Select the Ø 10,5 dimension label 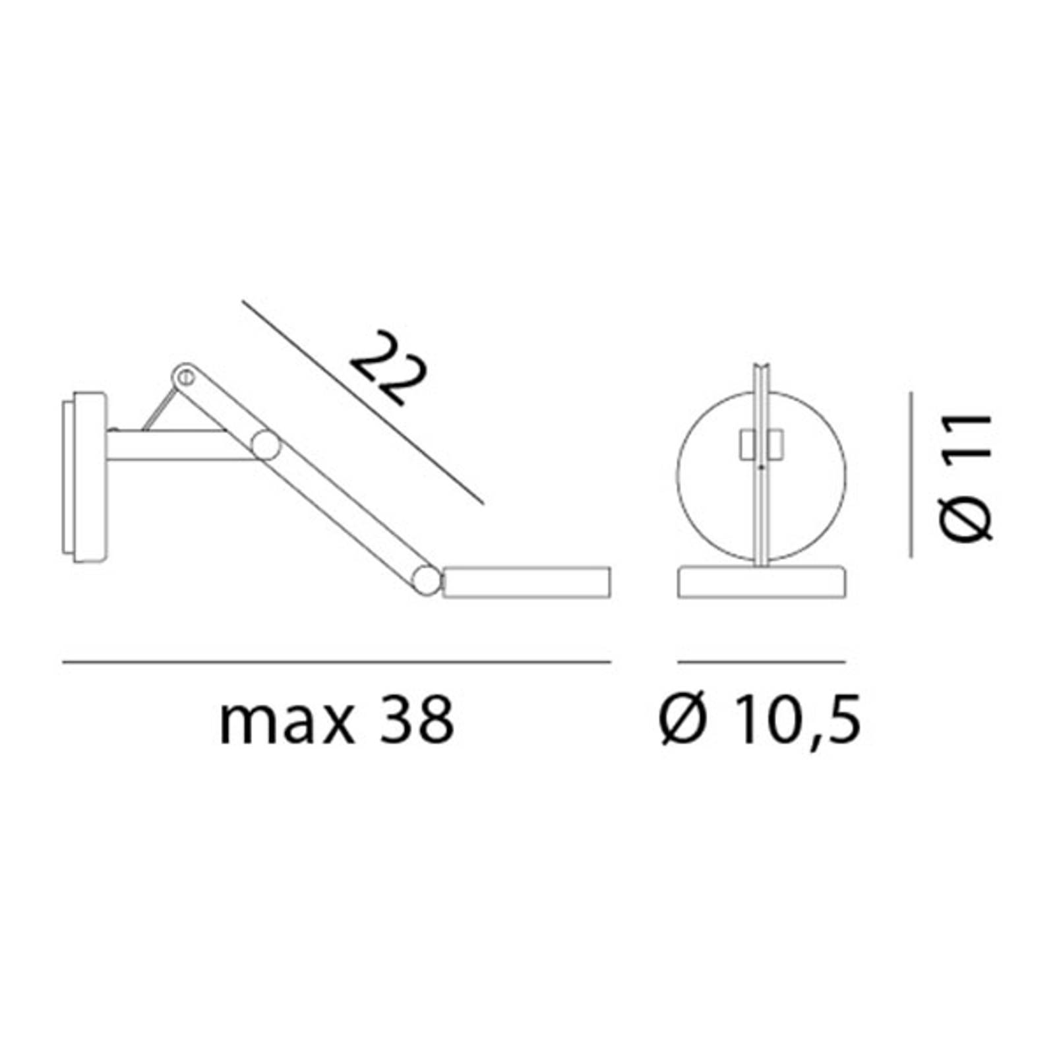(x=760, y=721)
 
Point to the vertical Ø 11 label (x=966, y=477)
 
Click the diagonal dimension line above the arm (x=363, y=404)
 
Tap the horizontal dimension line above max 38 (x=336, y=661)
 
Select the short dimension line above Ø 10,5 (x=762, y=661)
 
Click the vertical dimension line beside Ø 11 (x=911, y=475)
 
